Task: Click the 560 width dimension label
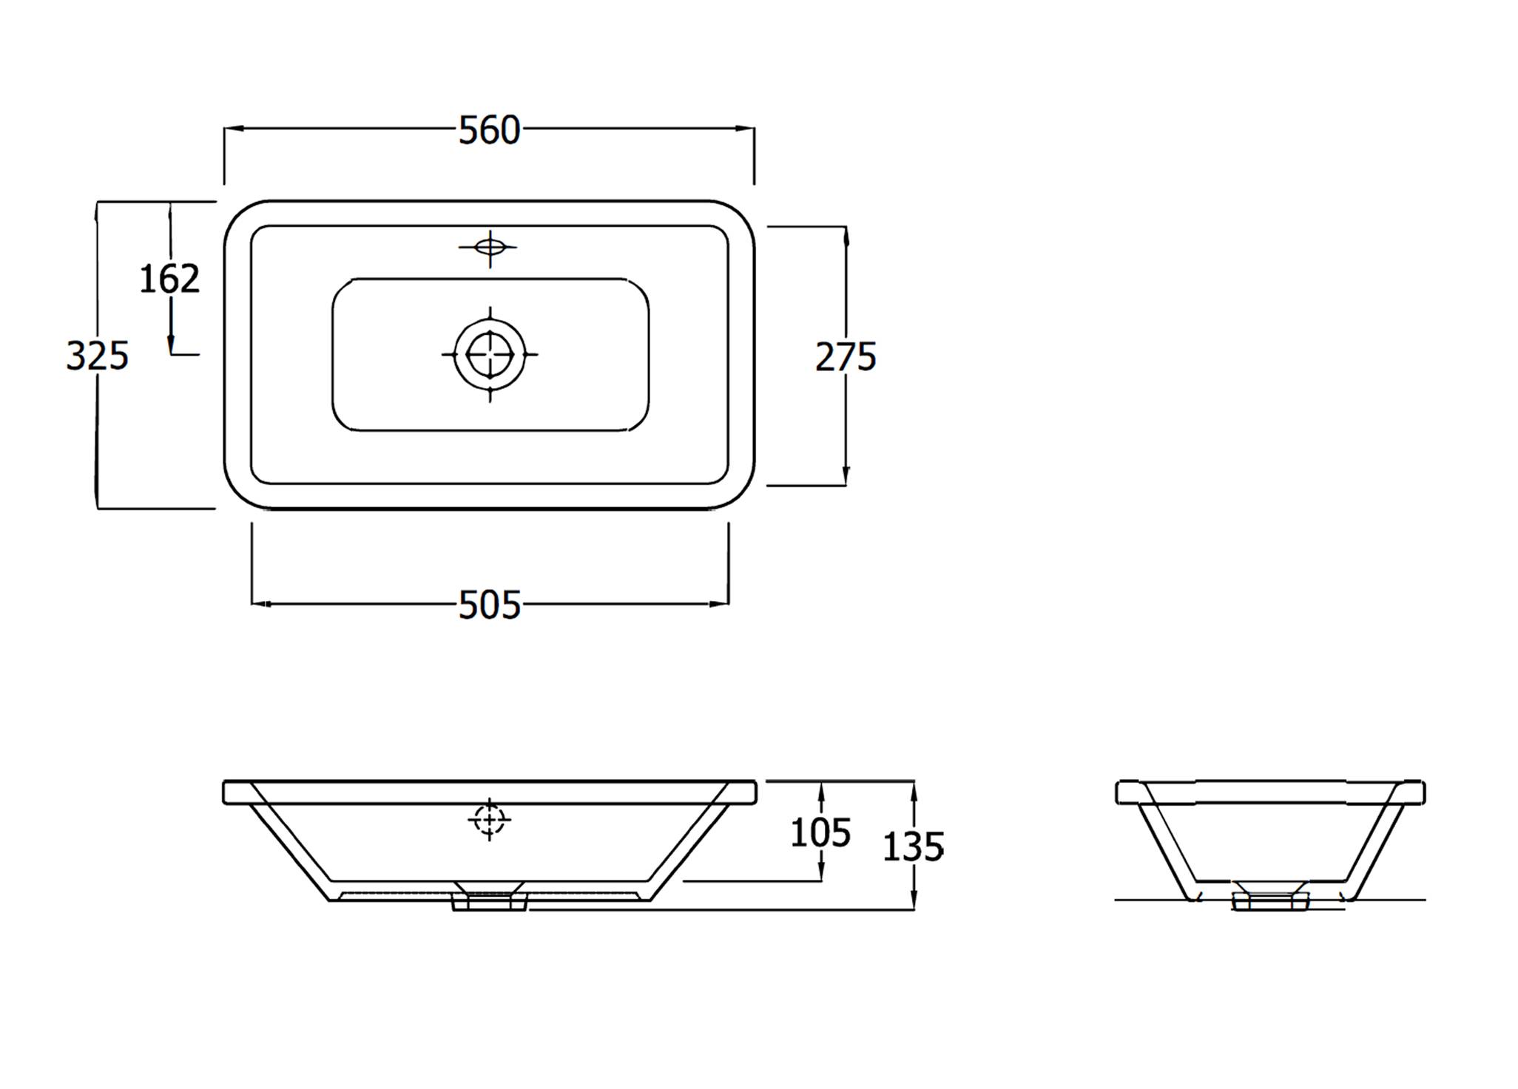coord(489,131)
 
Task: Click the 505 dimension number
coord(489,605)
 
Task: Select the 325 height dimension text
coord(97,356)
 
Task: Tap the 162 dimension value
coord(169,279)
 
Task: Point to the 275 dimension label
coord(846,357)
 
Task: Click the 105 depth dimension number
coord(820,833)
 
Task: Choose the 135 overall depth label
coord(913,847)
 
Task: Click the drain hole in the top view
coord(490,354)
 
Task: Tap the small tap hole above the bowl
coord(489,247)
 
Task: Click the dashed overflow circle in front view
coord(489,819)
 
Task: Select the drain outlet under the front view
coord(489,902)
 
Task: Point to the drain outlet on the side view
coord(1269,901)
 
